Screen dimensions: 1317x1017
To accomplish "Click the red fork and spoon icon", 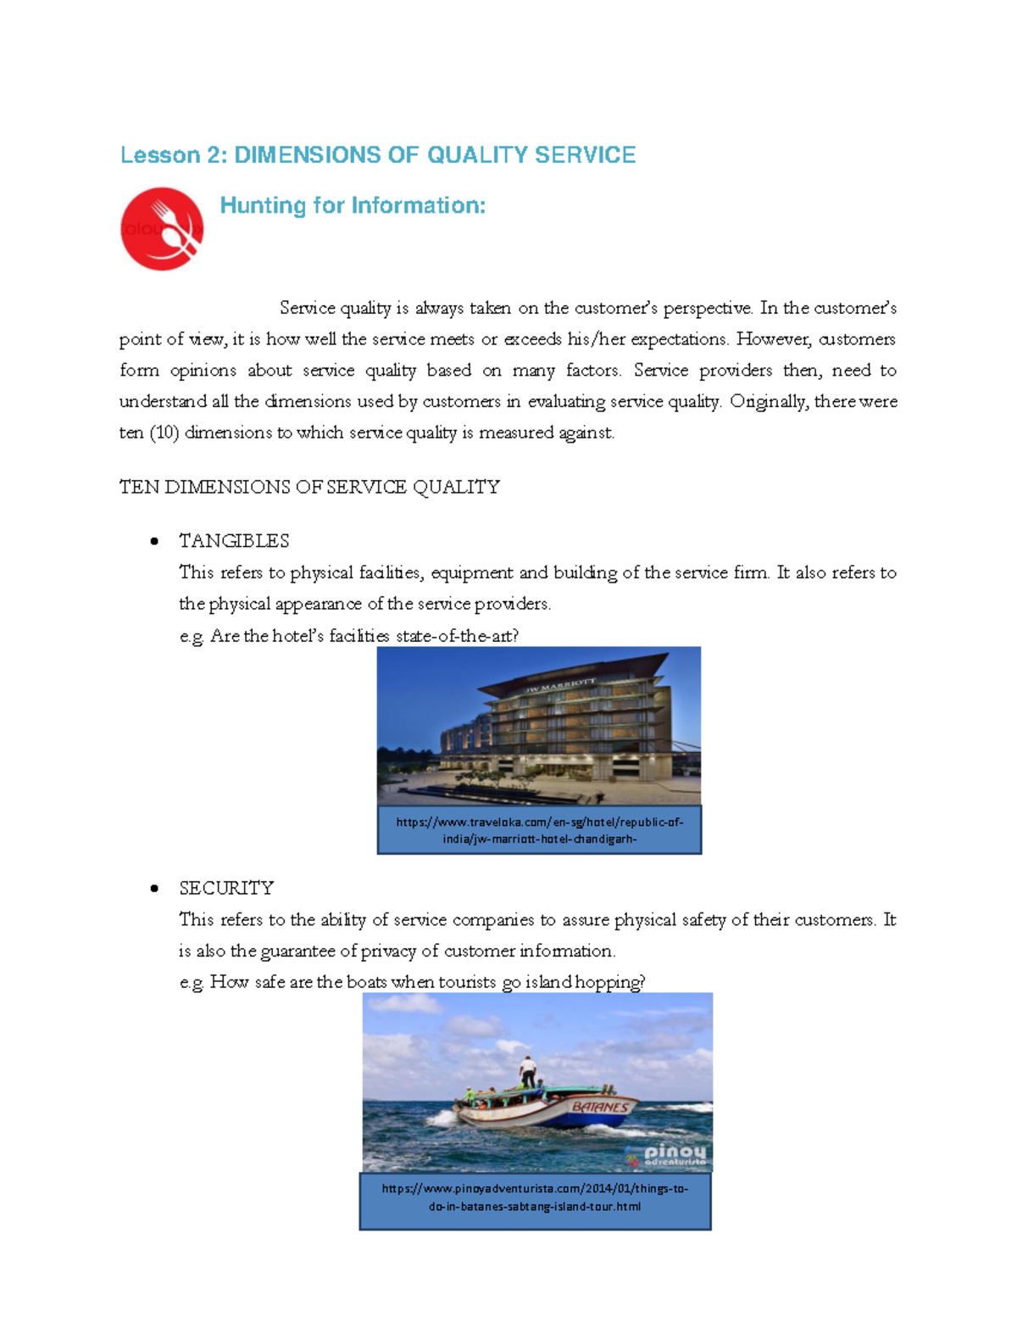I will pyautogui.click(x=162, y=229).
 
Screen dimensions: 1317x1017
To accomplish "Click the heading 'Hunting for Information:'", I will pyautogui.click(x=353, y=206).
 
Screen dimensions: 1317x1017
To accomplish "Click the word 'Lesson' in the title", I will pyautogui.click(x=148, y=155).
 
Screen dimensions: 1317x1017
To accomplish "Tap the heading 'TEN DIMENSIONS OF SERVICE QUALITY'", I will pyautogui.click(x=309, y=487).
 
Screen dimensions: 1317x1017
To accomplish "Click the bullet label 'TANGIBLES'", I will pyautogui.click(x=234, y=541).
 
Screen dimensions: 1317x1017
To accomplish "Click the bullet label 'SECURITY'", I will pyautogui.click(x=226, y=888).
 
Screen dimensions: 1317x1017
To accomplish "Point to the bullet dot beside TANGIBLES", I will pyautogui.click(x=153, y=542).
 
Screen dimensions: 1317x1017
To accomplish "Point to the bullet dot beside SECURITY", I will pyautogui.click(x=153, y=889).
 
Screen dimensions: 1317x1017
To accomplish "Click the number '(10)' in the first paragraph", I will pyautogui.click(x=164, y=432).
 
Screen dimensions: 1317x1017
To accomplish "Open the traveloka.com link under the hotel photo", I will pyautogui.click(x=539, y=830).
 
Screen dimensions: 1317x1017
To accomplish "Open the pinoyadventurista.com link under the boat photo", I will pyautogui.click(x=535, y=1197).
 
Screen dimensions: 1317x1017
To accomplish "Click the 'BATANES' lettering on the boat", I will pyautogui.click(x=600, y=1107).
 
